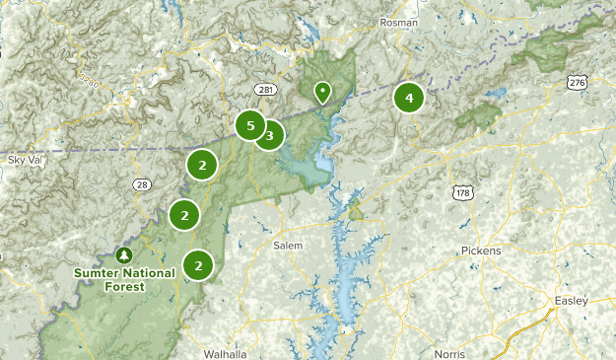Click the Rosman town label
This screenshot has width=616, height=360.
[400, 22]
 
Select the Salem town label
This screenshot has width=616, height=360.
[288, 245]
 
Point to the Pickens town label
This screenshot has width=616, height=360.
[481, 251]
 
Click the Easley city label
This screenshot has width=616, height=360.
[571, 300]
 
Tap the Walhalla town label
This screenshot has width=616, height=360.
[225, 352]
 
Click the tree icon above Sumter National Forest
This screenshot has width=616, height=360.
[124, 254]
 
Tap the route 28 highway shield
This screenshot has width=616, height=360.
[144, 184]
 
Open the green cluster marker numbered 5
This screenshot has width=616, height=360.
[250, 125]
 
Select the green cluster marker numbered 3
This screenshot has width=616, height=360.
[269, 135]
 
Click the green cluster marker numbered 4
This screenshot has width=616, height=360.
[408, 98]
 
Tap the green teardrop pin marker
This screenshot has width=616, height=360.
[322, 93]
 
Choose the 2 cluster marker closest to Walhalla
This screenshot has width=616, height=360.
[199, 264]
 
